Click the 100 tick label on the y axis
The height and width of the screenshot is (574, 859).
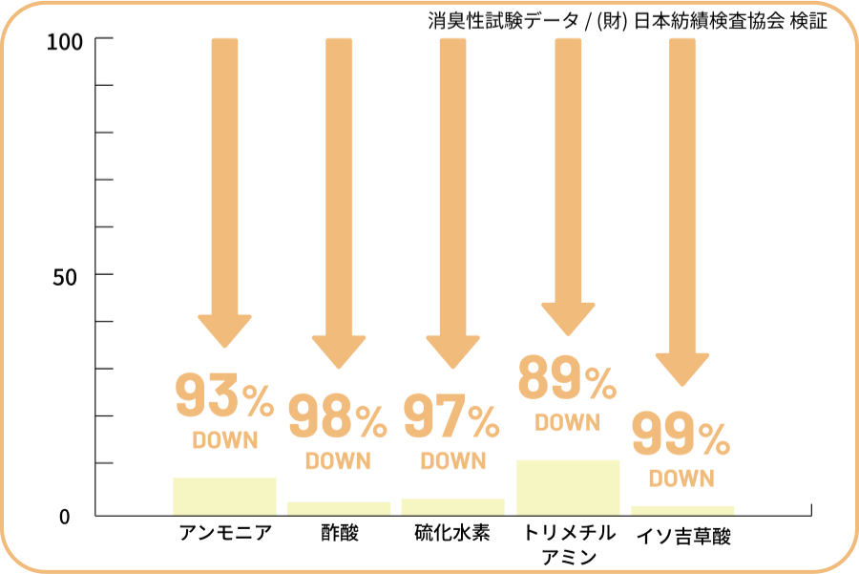[66, 41]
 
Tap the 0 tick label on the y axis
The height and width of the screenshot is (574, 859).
[65, 517]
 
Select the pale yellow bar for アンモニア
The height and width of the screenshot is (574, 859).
[224, 496]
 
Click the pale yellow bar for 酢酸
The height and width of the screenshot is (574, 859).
[339, 508]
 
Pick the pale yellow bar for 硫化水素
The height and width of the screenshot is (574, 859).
[453, 506]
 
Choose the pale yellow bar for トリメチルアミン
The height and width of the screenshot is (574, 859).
[568, 487]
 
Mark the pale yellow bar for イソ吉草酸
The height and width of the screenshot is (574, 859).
[682, 510]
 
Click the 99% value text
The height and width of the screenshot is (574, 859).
[681, 436]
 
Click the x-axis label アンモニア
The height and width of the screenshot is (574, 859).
[225, 533]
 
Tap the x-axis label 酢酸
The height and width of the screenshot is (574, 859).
[340, 533]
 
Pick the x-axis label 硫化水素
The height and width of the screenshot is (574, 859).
[453, 533]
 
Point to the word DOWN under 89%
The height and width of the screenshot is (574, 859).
[567, 422]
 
